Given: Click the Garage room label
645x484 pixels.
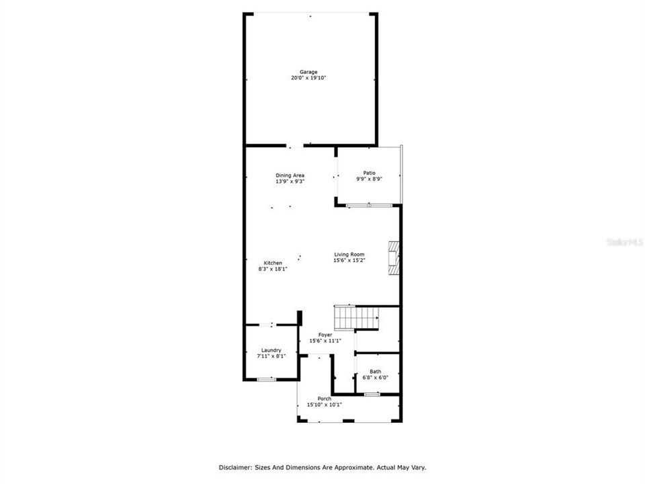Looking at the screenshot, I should (308, 72).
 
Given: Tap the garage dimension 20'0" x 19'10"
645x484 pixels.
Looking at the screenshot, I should (308, 78).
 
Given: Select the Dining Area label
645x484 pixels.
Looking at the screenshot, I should (290, 175).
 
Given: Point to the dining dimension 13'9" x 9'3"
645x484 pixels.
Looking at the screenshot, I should (290, 182).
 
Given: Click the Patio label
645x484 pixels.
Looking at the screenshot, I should (370, 172).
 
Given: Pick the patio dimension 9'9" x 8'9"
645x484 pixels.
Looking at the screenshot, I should (370, 178).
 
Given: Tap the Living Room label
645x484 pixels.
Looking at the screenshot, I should (349, 254).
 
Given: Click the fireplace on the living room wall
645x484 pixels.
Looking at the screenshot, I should (392, 259).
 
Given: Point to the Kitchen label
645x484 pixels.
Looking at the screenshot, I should (273, 263).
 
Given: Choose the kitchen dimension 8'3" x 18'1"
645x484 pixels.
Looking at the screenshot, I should (273, 269).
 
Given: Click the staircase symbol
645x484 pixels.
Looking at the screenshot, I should (357, 317).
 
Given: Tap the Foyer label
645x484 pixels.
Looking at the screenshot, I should (325, 335).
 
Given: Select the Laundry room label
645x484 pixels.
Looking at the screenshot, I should (271, 350).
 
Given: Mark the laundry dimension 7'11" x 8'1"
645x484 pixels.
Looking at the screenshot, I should (271, 356).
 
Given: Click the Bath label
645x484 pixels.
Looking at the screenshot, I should (375, 371).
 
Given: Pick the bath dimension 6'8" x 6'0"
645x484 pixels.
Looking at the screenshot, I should (375, 377).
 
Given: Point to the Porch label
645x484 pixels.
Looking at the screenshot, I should (325, 399).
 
